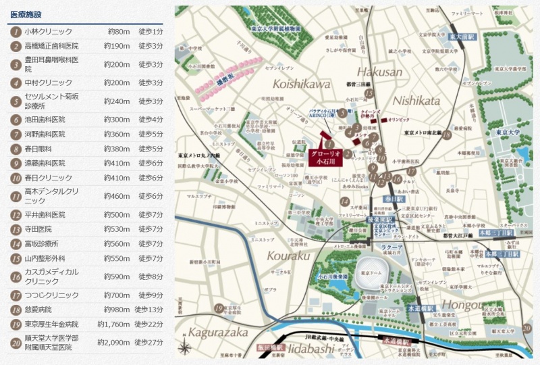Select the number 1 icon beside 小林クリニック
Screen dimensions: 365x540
coord(15,32)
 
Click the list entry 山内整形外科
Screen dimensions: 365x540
coord(49,258)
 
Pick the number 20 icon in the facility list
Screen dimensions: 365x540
coord(15,343)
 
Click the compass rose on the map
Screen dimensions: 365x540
coord(185,348)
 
